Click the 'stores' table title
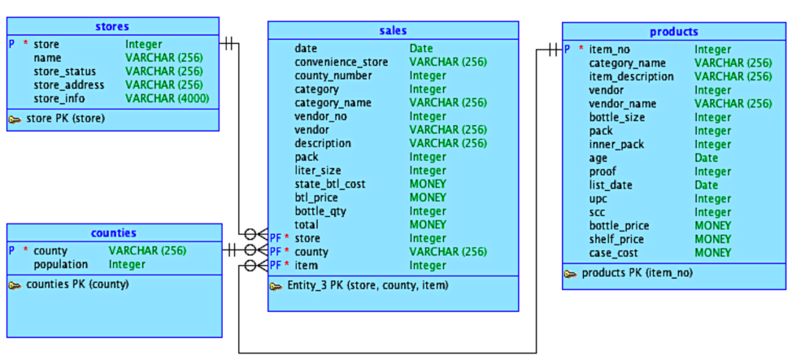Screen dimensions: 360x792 coord(112,27)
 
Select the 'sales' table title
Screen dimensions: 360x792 coord(393,31)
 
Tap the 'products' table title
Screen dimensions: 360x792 coord(673,32)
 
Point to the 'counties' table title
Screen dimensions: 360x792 coord(113,233)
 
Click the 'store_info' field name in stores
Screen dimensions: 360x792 coord(59,98)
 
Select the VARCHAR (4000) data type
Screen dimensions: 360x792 coord(167,98)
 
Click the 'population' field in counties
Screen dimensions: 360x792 coord(62,264)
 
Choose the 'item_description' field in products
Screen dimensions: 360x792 coord(631,76)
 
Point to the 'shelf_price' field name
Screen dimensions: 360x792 coord(616,239)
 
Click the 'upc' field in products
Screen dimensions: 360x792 coord(598,198)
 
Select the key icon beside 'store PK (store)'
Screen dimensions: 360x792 coord(15,119)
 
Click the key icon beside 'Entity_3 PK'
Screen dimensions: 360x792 coord(276,286)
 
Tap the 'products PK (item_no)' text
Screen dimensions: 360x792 coord(637,273)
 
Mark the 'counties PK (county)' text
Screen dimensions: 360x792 coord(77,284)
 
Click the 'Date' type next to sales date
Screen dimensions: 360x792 coord(421,49)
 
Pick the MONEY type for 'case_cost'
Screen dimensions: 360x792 coord(712,253)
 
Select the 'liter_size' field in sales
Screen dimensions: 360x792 coord(318,171)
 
